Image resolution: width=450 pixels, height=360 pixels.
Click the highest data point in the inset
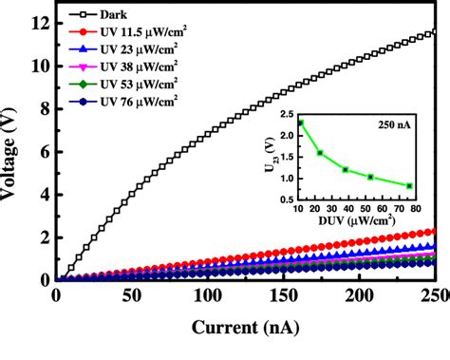tap(301, 123)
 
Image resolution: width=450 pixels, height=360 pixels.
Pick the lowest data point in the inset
tap(409, 186)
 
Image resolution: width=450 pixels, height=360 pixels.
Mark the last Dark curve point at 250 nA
tap(434, 32)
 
